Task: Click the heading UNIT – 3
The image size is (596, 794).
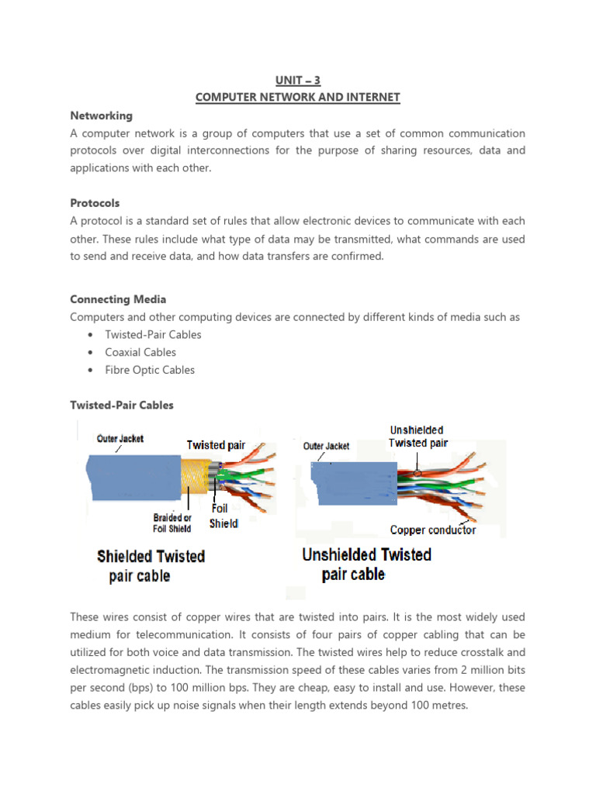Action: click(297, 80)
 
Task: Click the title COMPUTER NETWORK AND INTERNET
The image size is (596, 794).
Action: click(297, 97)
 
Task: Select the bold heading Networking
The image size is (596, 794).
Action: click(101, 116)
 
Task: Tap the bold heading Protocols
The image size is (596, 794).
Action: click(95, 203)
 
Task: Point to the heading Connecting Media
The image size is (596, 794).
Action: click(118, 299)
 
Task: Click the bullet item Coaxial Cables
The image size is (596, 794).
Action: click(140, 352)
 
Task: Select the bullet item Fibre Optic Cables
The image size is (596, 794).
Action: click(150, 370)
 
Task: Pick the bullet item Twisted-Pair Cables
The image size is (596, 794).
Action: click(153, 335)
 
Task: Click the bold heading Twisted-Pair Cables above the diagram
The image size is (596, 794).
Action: click(122, 405)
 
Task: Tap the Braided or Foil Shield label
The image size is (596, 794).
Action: click(172, 523)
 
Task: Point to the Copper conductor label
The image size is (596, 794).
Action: click(432, 530)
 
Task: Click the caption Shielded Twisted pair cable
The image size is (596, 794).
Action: click(151, 566)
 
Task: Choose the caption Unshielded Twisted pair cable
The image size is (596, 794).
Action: click(366, 564)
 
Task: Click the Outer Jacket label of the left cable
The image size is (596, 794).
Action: click(120, 439)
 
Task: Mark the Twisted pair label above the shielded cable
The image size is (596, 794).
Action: click(216, 445)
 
